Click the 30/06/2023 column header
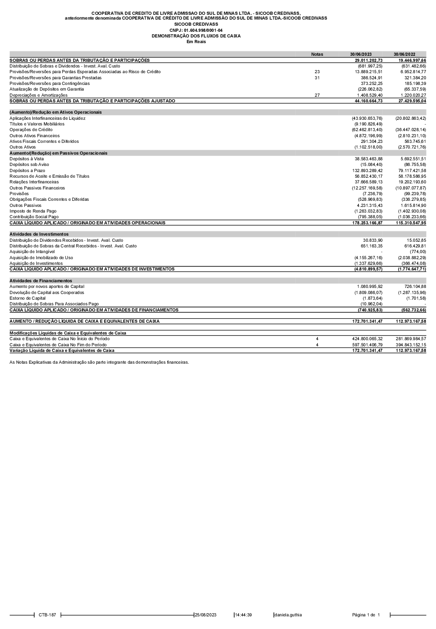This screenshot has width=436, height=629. pyautogui.click(x=361, y=54)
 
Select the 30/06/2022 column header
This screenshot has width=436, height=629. pyautogui.click(x=404, y=54)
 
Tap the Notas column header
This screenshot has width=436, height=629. pyautogui.click(x=317, y=54)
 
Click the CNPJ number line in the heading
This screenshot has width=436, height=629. pyautogui.click(x=196, y=30)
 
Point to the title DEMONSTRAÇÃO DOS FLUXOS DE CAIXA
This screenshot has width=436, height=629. pyautogui.click(x=196, y=36)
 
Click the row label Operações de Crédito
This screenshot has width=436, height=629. pyautogui.click(x=31, y=130)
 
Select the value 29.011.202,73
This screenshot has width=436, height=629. pyautogui.click(x=368, y=60)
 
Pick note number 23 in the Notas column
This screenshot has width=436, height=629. pyautogui.click(x=317, y=72)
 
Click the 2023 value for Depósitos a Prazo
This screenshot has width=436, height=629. pyautogui.click(x=368, y=170)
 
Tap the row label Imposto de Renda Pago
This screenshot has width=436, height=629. pyautogui.click(x=34, y=211)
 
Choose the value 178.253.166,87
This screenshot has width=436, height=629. pyautogui.click(x=368, y=223)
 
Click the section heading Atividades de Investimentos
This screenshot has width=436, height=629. pyautogui.click(x=39, y=234)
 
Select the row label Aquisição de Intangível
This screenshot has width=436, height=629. pyautogui.click(x=32, y=252)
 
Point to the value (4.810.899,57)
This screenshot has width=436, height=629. pyautogui.click(x=368, y=269)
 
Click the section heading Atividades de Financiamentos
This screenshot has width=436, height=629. pyautogui.click(x=41, y=281)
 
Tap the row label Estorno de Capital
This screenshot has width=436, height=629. pyautogui.click(x=27, y=298)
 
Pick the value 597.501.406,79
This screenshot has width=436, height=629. pyautogui.click(x=367, y=345)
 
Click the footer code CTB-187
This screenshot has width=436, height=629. pyautogui.click(x=47, y=615)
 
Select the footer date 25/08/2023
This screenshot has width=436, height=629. pyautogui.click(x=205, y=615)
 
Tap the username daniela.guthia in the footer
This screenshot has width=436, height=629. pyautogui.click(x=288, y=615)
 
